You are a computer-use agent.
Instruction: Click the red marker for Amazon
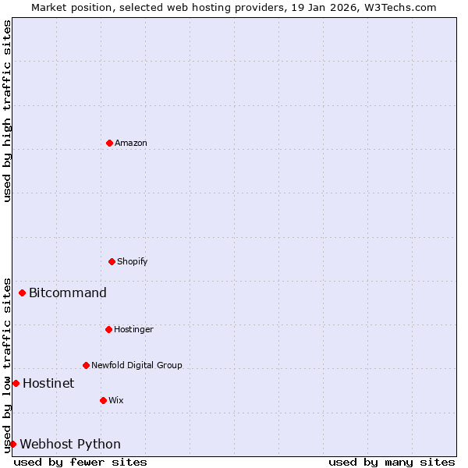click(x=109, y=143)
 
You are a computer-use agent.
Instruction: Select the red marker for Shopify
click(x=112, y=261)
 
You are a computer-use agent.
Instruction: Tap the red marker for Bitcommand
click(x=22, y=293)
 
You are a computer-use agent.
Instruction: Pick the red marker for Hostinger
click(x=108, y=329)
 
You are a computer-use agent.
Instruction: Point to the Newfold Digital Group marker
click(x=86, y=365)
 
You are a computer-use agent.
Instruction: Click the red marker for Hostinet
click(x=16, y=383)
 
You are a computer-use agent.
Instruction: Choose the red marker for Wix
click(x=103, y=400)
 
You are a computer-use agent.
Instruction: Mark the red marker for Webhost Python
click(x=12, y=444)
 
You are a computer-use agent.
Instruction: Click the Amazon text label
click(x=131, y=144)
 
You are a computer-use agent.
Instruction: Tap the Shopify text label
click(x=133, y=262)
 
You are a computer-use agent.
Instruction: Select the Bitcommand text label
click(x=68, y=293)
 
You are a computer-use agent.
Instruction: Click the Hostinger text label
click(x=133, y=330)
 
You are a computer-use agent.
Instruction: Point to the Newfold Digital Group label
click(x=136, y=366)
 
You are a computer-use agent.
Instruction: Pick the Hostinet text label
click(x=48, y=384)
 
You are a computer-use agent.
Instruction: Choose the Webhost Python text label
click(x=70, y=445)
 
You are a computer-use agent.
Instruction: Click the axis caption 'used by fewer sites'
click(x=80, y=463)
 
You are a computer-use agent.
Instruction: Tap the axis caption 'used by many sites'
click(x=392, y=463)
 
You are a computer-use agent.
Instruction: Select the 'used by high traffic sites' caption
click(x=8, y=111)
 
